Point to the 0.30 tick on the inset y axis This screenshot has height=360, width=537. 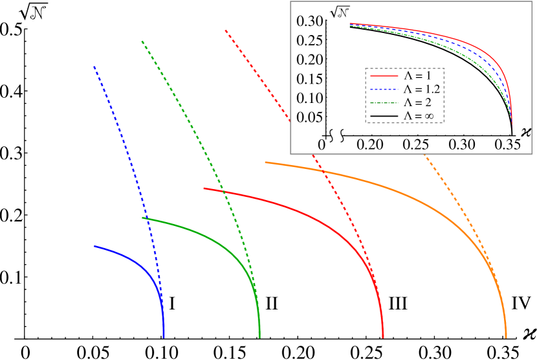tap(310, 21)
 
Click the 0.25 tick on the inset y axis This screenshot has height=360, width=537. tap(310, 41)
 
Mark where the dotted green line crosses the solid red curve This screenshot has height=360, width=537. tap(224, 192)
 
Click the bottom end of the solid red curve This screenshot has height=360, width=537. tap(383, 337)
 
